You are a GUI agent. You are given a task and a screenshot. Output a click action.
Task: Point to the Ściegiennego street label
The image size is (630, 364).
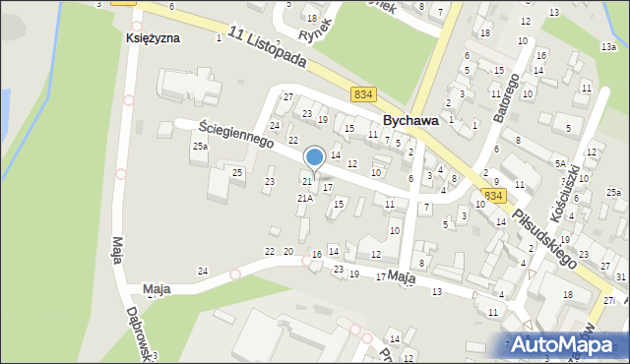point(235,134)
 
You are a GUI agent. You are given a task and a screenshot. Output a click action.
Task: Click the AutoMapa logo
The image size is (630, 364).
point(568,345)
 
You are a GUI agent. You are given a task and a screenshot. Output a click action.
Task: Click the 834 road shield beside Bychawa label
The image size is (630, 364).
point(363,93)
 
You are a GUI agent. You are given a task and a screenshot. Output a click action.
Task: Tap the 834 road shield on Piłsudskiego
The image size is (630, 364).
point(493,197)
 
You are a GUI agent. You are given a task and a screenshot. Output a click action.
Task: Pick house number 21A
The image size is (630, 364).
point(305,198)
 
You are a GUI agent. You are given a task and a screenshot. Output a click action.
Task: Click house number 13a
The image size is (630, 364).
point(608,46)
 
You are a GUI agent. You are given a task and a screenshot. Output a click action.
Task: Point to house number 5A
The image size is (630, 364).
point(560,163)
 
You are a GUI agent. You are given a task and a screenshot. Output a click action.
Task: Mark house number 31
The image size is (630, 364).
point(620,277)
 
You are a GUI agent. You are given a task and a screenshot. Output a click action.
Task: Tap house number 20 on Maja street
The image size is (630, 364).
point(288,252)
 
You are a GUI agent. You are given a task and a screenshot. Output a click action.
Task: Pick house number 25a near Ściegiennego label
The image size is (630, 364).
point(200,147)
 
